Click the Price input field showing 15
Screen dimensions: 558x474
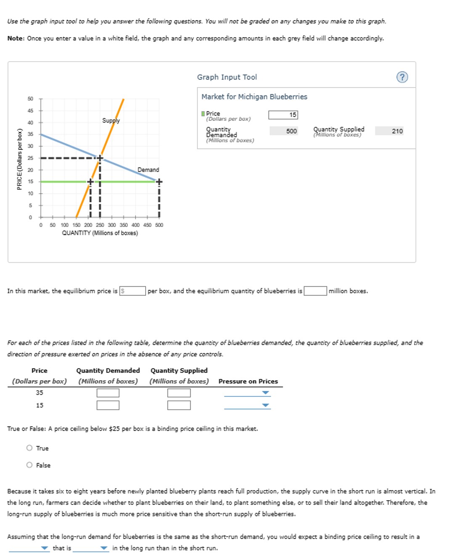(283, 115)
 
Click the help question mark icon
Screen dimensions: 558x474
(402, 77)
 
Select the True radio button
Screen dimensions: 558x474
(29, 448)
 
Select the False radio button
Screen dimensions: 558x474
(29, 465)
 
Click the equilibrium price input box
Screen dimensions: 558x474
(133, 291)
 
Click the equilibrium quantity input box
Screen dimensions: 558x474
(315, 291)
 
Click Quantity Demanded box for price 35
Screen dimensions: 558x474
(108, 393)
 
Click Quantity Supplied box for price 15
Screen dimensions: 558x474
(179, 405)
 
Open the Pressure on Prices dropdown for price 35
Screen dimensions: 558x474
(247, 393)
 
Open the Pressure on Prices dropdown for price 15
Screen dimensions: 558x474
(247, 406)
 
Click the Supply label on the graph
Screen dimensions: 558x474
(111, 120)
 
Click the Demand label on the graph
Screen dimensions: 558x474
(148, 170)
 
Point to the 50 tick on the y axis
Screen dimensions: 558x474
(30, 99)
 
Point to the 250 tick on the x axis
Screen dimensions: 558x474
(100, 225)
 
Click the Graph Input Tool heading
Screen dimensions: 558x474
(227, 77)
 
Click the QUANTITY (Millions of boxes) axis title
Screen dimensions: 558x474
(100, 233)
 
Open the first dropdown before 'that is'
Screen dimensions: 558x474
(29, 548)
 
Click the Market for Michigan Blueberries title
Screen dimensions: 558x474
(254, 97)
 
